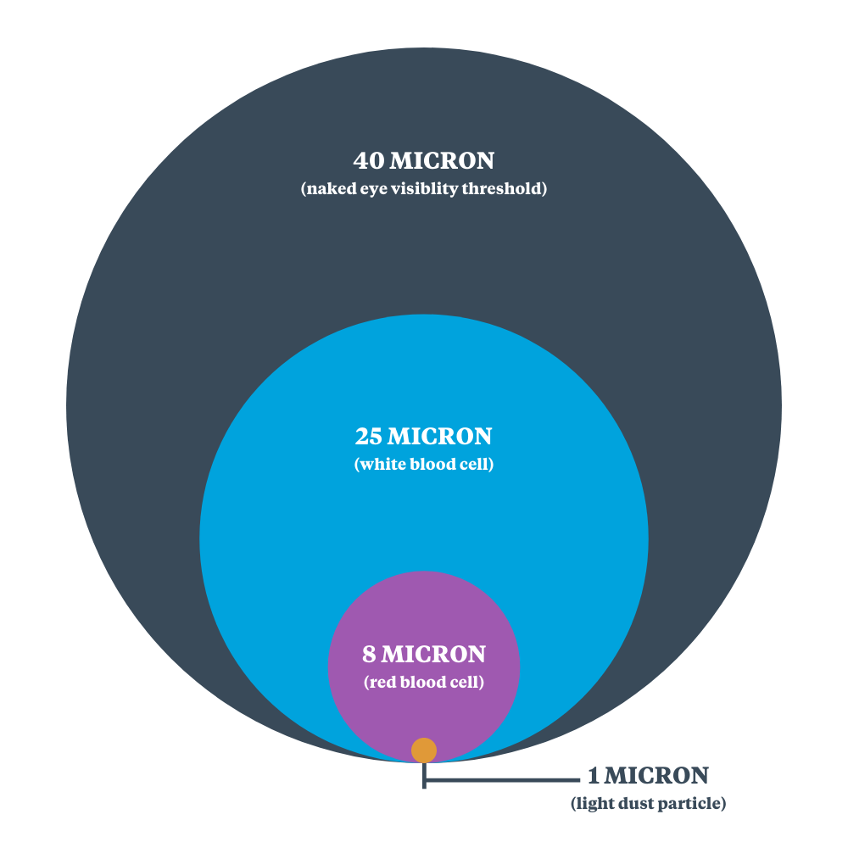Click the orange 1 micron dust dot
point(424,750)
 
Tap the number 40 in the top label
point(369,160)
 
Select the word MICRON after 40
point(442,160)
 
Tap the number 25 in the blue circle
point(369,437)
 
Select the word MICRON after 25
point(439,437)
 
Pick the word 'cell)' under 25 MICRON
point(477,464)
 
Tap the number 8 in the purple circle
point(369,655)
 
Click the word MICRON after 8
point(433,655)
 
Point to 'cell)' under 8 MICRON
point(466,682)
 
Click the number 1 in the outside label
point(594,776)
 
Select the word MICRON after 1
point(656,776)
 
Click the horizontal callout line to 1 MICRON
point(502,780)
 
